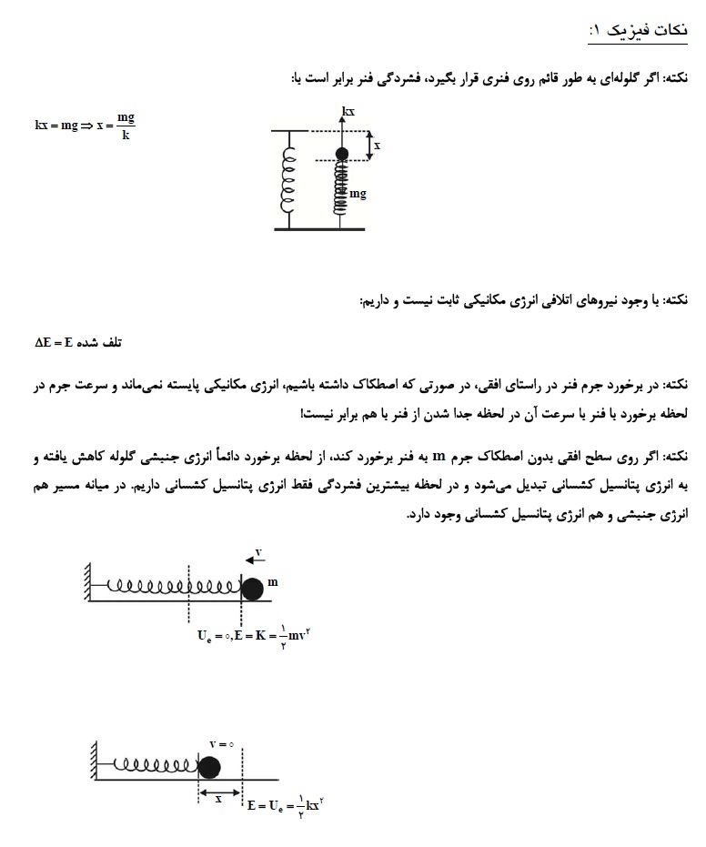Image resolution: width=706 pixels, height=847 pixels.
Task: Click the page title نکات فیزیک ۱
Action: pos(638,31)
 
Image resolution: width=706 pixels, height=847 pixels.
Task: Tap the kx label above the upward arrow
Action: pos(348,111)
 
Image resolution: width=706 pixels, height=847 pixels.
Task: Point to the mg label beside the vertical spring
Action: pos(358,194)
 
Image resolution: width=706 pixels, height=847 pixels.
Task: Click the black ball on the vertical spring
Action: pos(342,154)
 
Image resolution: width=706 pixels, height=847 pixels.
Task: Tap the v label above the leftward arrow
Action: pos(258,551)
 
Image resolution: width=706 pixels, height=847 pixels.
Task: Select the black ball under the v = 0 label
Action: pos(210,767)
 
